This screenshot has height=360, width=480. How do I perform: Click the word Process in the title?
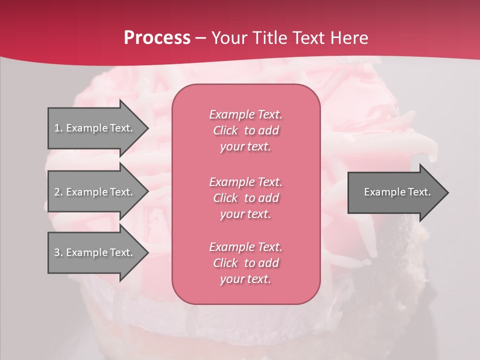click(x=157, y=38)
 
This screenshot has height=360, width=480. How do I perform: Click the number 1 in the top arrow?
click(x=57, y=128)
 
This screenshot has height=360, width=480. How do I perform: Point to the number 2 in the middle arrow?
click(x=57, y=192)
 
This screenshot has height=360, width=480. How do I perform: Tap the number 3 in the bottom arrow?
click(x=57, y=252)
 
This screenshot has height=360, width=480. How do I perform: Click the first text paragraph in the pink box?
click(x=245, y=130)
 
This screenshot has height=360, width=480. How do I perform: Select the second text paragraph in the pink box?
click(x=245, y=198)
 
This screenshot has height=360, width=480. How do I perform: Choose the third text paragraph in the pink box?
click(x=245, y=263)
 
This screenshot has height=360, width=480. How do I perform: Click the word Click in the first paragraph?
click(x=225, y=130)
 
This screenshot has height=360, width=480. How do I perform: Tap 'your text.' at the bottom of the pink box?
click(x=245, y=279)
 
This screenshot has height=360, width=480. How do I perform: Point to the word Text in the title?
click(x=309, y=38)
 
